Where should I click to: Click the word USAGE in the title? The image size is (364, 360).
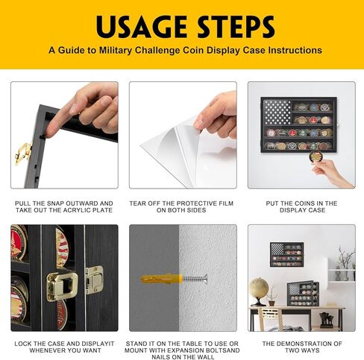(x=142, y=26)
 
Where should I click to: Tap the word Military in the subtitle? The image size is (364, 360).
(x=116, y=51)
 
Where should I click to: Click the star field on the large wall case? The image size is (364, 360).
(x=277, y=113)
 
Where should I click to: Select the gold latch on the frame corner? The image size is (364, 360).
(x=23, y=154)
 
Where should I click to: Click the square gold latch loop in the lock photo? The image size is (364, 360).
(x=62, y=286)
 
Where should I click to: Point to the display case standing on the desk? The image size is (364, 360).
(x=303, y=294)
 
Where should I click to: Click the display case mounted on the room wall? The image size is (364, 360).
(x=286, y=255)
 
